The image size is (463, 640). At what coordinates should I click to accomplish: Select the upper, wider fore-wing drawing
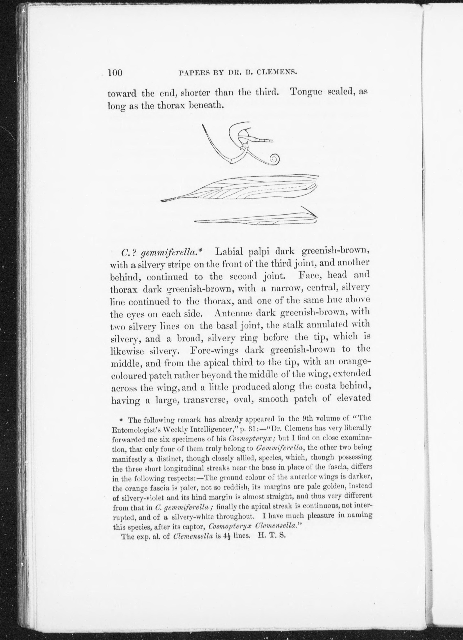click(x=240, y=188)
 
